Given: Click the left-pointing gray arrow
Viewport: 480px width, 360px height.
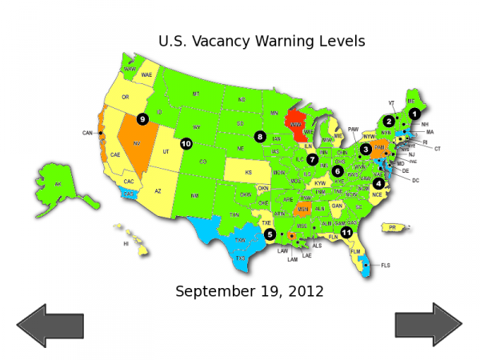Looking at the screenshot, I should click(50, 326).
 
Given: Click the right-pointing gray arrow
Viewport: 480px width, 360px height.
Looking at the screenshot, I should click(428, 326).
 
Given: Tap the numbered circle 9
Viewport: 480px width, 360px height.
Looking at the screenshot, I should click(143, 119).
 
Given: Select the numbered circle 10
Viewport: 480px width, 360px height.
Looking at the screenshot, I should click(186, 144).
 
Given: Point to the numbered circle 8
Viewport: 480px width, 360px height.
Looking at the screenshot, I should click(261, 136).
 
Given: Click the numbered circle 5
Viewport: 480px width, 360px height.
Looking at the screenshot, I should click(270, 234).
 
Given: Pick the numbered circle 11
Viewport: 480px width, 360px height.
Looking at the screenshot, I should click(346, 232).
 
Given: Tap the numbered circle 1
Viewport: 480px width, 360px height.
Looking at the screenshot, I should click(414, 114).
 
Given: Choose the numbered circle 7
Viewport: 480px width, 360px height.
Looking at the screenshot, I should click(312, 159).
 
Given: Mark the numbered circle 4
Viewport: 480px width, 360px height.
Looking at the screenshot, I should click(378, 183).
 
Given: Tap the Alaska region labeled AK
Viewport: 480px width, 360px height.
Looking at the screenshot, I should click(58, 184).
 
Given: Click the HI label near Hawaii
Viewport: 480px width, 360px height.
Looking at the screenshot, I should click(125, 244).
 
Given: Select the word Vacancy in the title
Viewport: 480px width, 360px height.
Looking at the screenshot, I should click(221, 41).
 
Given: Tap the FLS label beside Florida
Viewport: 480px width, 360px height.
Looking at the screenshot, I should click(386, 265).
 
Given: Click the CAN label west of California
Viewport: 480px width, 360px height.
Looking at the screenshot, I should click(88, 133).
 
